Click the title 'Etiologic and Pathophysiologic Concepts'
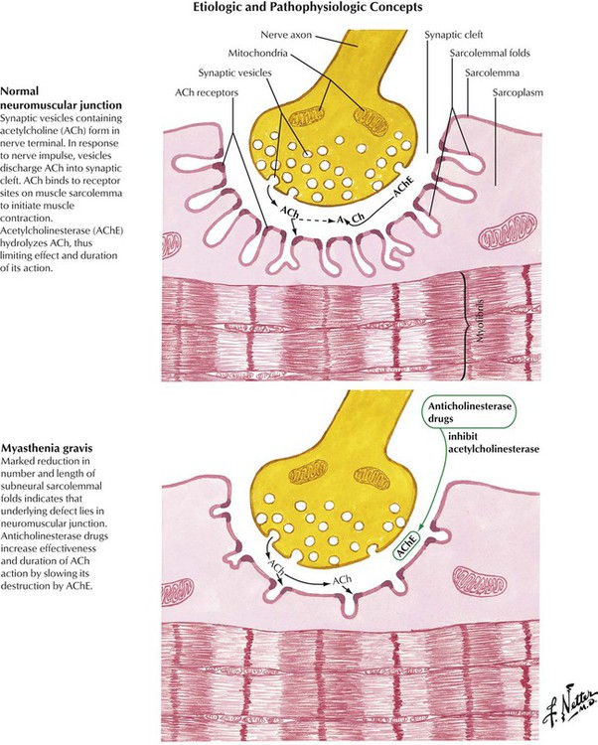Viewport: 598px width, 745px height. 298,7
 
